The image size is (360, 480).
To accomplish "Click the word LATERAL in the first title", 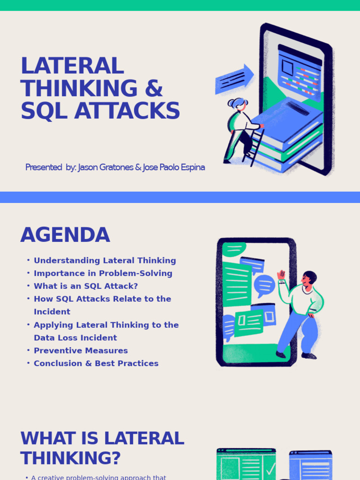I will pos(72,66).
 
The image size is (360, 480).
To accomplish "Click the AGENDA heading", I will pos(65,235).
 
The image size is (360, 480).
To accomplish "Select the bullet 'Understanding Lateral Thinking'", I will pos(105,261).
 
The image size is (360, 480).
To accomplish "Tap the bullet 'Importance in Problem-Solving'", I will pos(103,273).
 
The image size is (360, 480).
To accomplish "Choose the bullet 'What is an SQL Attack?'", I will pos(86,286).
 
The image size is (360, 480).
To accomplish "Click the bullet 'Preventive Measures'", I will pos(81,351).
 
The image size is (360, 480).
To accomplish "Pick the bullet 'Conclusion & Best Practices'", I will pos(96,363).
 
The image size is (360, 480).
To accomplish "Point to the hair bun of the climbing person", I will pos(231,102).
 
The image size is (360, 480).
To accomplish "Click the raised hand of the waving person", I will pos(281,275).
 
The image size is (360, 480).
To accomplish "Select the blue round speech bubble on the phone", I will pos(264,285).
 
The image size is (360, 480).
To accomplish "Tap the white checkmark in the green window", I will pos(270,469).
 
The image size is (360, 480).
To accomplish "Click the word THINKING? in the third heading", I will pos(70,458).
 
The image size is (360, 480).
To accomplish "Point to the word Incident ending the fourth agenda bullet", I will pos(52,312).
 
